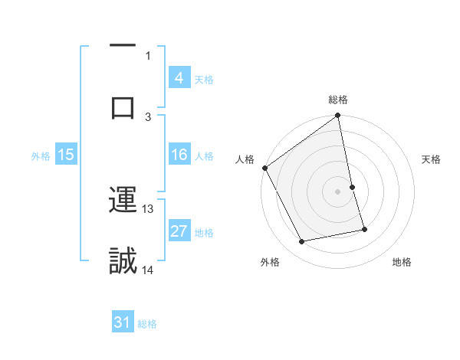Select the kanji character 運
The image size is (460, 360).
coord(123,201)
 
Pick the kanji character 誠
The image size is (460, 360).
coord(123,260)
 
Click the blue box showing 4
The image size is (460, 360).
coord(179,77)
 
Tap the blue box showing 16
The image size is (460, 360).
coord(179,155)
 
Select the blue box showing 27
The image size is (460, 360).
coord(179,231)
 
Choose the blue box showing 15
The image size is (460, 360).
coord(66,155)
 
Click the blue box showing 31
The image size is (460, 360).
coord(123,322)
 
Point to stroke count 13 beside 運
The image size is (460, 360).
coord(148,208)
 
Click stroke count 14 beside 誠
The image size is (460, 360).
coord(148,270)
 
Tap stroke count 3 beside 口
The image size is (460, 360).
coord(148,116)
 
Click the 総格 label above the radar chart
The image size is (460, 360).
coord(338,100)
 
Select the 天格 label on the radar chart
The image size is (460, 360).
coord(432,159)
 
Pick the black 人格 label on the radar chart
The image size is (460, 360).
coord(245,159)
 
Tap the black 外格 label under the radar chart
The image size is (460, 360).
coord(270,262)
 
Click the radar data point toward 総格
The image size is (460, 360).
coord(338,116)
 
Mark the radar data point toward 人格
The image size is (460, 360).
coord(265,167)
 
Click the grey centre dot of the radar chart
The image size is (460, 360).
coord(338,191)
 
